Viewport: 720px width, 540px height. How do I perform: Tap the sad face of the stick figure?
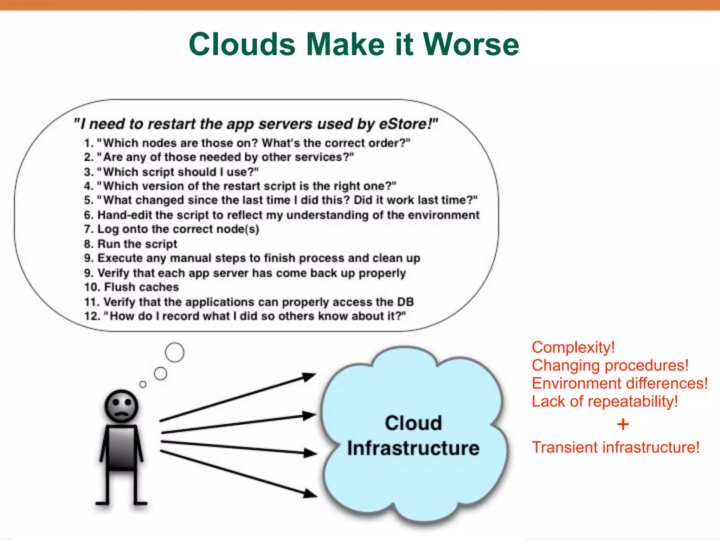click(x=121, y=406)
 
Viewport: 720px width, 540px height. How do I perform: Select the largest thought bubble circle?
click(x=174, y=352)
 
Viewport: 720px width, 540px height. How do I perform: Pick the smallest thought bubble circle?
click(x=143, y=384)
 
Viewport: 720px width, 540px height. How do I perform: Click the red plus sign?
click(x=623, y=424)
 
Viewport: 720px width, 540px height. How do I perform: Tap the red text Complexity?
click(x=573, y=347)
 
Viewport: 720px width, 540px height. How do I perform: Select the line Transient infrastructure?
click(x=615, y=448)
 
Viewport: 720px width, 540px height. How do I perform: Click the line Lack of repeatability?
click(x=605, y=401)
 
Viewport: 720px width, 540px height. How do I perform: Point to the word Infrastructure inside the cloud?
click(x=413, y=448)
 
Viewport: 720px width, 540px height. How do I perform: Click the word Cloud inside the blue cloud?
click(x=413, y=423)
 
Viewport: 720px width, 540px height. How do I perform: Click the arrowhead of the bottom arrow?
click(x=310, y=493)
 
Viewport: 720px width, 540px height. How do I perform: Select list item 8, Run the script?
click(x=131, y=244)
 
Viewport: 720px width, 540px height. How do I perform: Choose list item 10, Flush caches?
click(x=132, y=287)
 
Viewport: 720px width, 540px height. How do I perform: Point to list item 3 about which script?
click(x=171, y=172)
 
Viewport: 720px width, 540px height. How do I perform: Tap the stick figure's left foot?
click(x=103, y=503)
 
